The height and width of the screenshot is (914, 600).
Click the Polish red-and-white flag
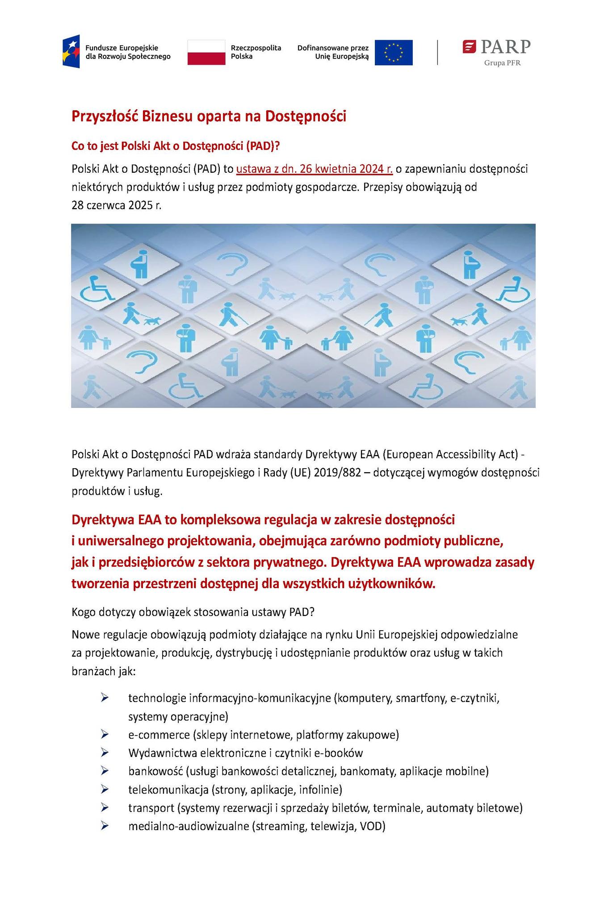coord(206,52)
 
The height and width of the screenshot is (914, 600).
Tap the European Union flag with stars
coord(393,52)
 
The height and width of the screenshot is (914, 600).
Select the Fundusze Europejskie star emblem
coord(71,51)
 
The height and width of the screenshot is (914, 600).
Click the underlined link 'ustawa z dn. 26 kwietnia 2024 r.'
coord(314,169)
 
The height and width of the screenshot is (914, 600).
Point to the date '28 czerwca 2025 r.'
coord(116,205)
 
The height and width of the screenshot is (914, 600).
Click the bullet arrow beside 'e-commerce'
coord(105,734)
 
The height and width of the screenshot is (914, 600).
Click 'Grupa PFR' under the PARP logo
coord(503,63)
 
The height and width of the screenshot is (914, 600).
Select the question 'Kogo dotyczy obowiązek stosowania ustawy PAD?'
coord(193,612)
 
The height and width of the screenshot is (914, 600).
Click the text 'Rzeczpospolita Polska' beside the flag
coord(256,52)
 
